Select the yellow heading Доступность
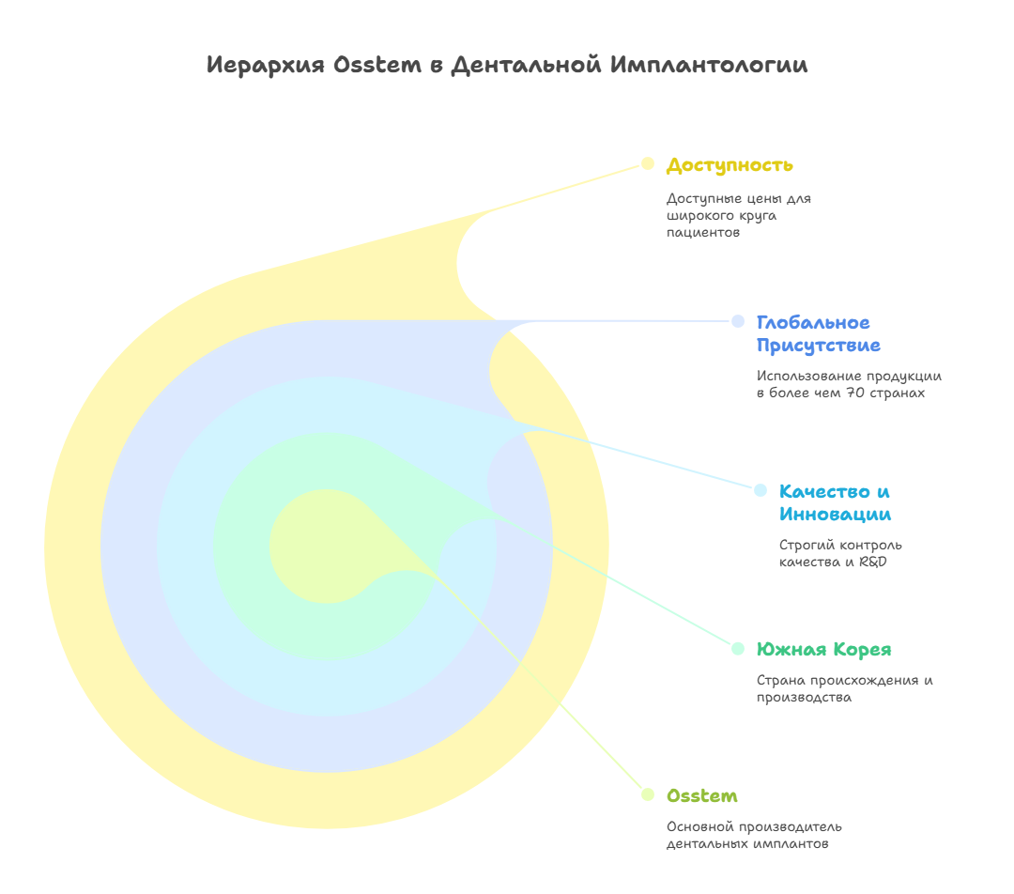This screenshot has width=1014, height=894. coord(730,165)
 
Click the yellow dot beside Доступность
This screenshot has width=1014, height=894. coord(647,163)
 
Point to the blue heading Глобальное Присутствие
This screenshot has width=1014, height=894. coord(818,334)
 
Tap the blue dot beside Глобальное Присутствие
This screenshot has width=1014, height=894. coord(738,321)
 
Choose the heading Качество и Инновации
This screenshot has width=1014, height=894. coord(835,502)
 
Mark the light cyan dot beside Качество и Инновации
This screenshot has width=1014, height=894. coord(760,489)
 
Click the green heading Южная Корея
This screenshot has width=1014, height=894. coord(823,650)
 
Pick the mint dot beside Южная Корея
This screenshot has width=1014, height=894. coord(738,648)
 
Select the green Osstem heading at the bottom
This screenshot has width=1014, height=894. coord(701,796)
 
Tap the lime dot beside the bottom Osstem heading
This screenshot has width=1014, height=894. coord(647,794)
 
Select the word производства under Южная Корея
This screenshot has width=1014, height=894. coord(804,698)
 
